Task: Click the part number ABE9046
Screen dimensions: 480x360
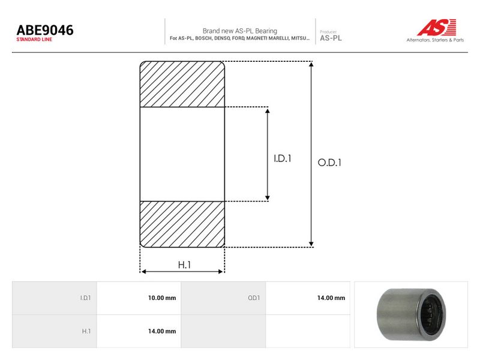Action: coord(45,30)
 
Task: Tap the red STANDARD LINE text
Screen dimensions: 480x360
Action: coord(34,40)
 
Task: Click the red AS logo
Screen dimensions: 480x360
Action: coord(437,27)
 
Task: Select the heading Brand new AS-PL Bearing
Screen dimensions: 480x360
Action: coord(239,31)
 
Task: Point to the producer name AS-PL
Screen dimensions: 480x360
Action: coord(331,38)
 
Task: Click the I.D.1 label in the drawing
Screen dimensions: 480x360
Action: coord(282,158)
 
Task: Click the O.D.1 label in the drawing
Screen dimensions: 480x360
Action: coord(329,163)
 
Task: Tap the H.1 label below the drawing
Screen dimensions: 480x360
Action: coord(184,265)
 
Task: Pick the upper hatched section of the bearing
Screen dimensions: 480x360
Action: coord(182,84)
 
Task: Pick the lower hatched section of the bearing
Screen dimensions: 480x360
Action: coord(182,224)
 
